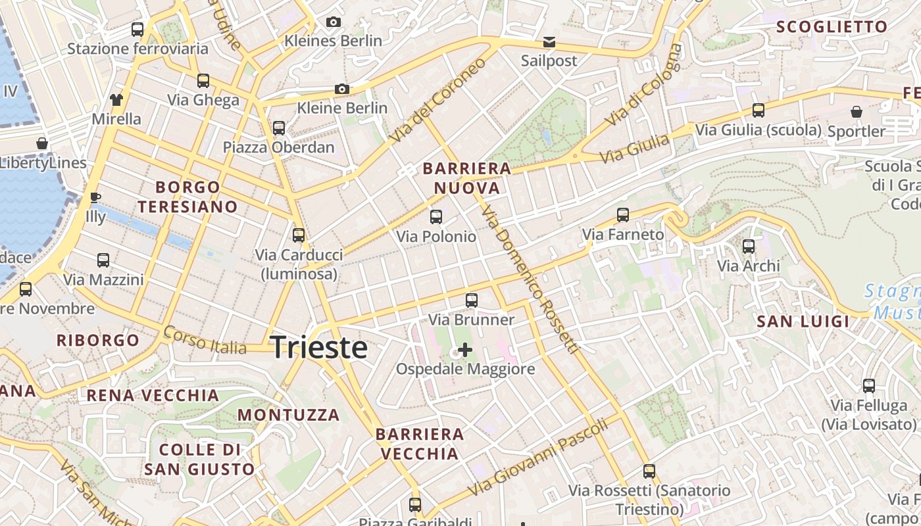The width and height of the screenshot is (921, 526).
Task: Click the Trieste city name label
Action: pyautogui.click(x=319, y=347)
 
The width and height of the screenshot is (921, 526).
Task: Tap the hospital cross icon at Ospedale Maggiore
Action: pyautogui.click(x=465, y=349)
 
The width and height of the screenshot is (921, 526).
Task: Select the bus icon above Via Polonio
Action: pyautogui.click(x=436, y=216)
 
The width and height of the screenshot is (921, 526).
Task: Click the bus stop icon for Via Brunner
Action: pyautogui.click(x=472, y=300)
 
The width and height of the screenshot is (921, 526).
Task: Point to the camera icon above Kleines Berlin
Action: pyautogui.click(x=334, y=22)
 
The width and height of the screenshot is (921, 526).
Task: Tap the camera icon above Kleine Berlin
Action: pyautogui.click(x=341, y=89)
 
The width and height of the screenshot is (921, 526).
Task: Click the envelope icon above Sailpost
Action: pyautogui.click(x=549, y=43)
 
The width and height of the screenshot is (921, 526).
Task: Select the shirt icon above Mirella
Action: pyautogui.click(x=116, y=100)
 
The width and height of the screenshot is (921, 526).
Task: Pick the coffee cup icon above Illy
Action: pyautogui.click(x=95, y=197)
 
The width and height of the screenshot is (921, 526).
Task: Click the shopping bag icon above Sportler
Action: pyautogui.click(x=857, y=112)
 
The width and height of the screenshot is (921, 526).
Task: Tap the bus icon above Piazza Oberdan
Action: pyautogui.click(x=279, y=128)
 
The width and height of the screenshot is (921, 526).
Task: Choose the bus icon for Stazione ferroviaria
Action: pyautogui.click(x=137, y=29)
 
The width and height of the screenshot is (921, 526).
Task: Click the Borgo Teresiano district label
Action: pyautogui.click(x=187, y=197)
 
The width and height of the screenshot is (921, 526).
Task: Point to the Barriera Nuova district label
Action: pyautogui.click(x=467, y=178)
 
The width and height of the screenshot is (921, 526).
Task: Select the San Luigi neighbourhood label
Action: pyautogui.click(x=803, y=322)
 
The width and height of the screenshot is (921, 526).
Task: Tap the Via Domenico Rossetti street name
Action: pyautogui.click(x=529, y=279)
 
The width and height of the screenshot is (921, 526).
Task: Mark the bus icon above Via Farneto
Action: pyautogui.click(x=623, y=215)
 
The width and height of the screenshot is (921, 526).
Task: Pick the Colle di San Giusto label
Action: pyautogui.click(x=199, y=459)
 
